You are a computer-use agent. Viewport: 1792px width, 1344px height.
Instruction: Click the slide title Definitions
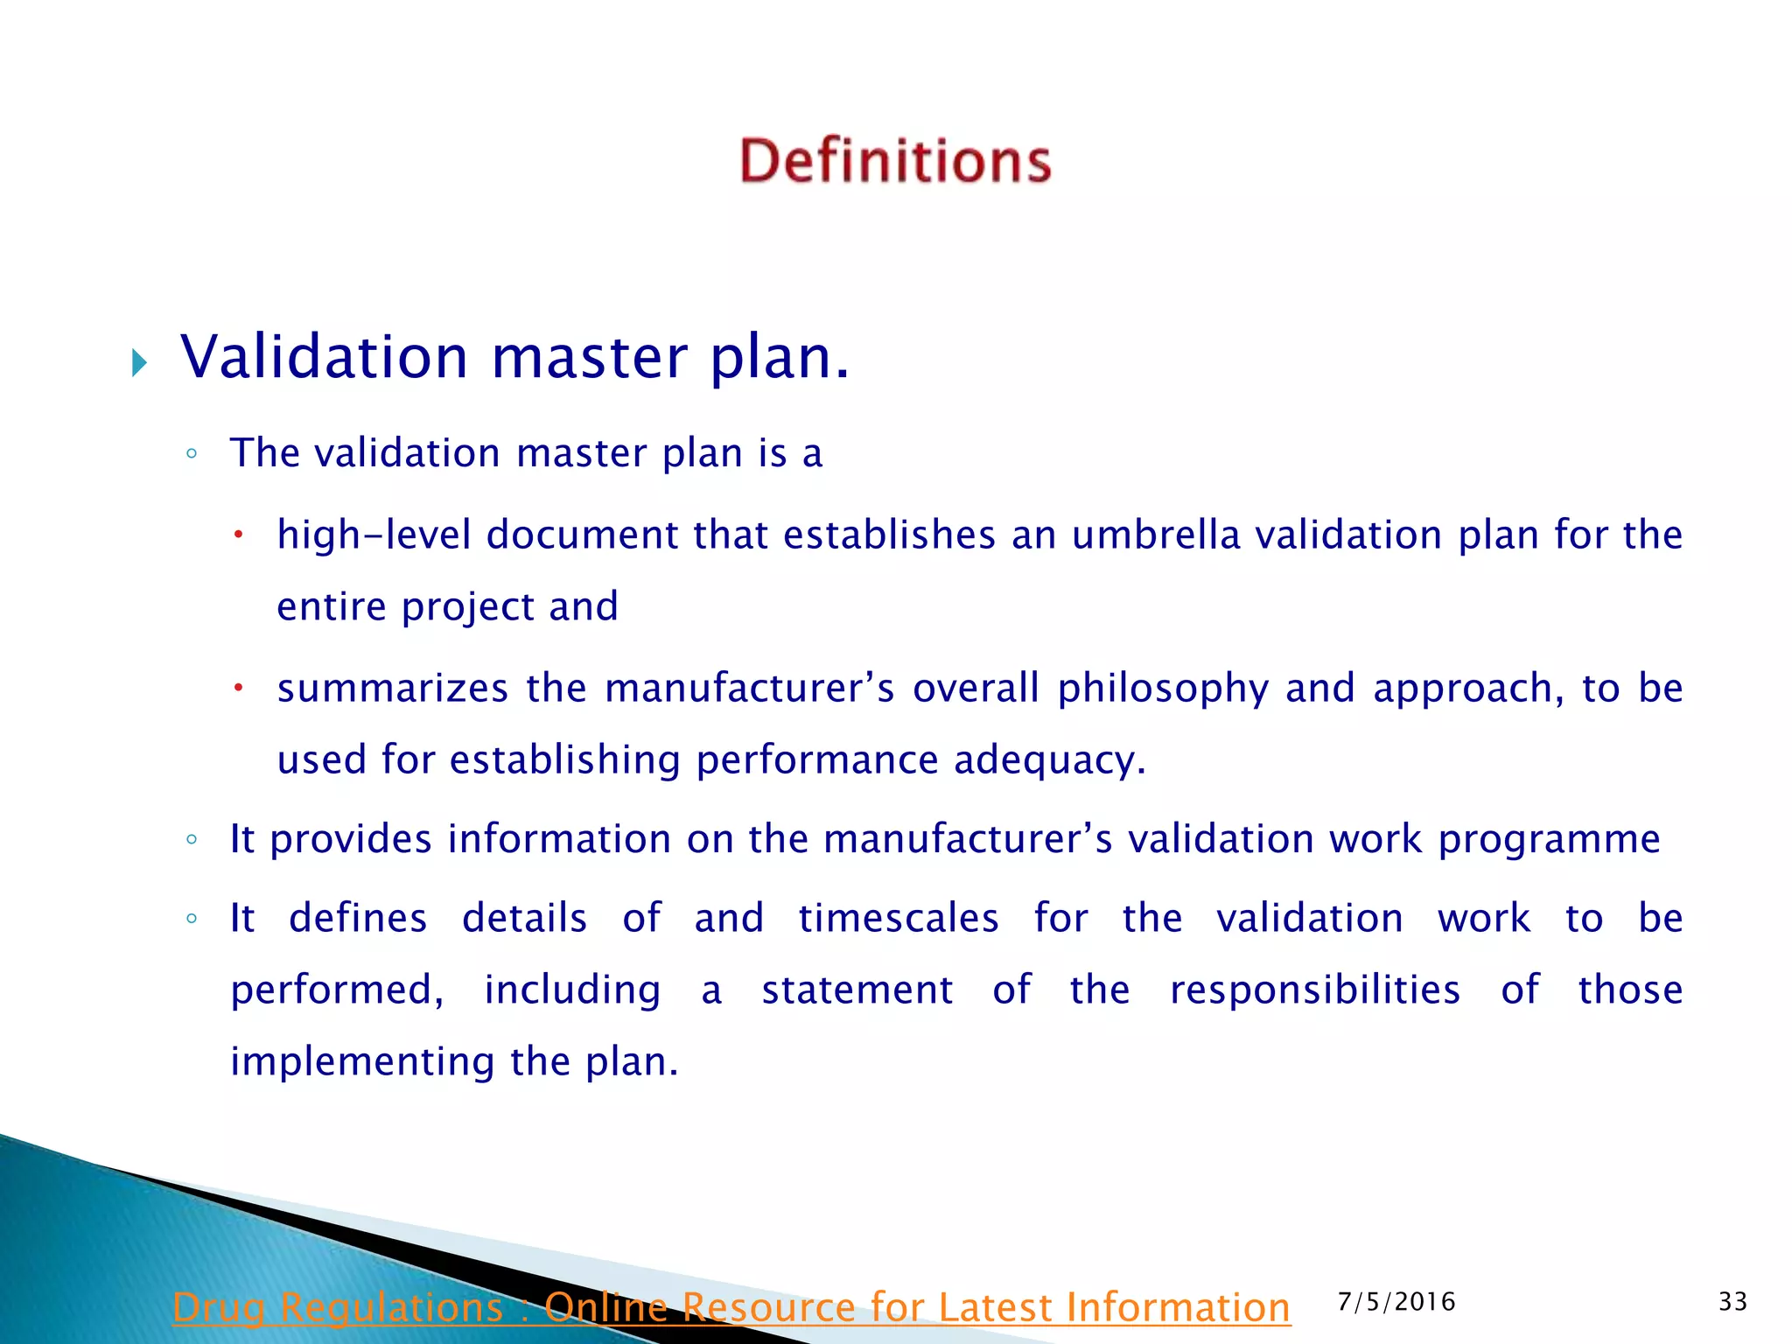[895, 161]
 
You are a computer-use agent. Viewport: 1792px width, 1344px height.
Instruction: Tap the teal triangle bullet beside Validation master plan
[139, 361]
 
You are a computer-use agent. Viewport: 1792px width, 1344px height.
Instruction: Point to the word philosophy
[1163, 689]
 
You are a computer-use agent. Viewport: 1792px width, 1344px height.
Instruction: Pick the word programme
[1549, 839]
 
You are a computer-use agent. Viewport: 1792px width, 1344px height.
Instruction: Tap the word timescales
[899, 918]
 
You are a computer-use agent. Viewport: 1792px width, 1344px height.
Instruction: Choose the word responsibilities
[1315, 990]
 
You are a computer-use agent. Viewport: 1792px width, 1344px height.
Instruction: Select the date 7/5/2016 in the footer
[1396, 1302]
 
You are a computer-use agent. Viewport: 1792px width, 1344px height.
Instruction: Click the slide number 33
[1732, 1302]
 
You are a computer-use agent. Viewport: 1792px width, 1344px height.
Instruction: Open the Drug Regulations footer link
[731, 1308]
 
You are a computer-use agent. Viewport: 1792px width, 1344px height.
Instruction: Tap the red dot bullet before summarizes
[237, 688]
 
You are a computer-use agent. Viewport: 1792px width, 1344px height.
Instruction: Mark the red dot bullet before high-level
[237, 534]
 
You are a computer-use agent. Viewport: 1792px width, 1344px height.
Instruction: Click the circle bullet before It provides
[192, 840]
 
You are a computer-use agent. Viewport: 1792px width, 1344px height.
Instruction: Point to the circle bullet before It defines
[192, 919]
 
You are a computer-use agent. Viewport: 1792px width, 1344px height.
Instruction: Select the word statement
[857, 990]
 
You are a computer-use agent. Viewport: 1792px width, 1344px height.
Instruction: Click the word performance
[816, 759]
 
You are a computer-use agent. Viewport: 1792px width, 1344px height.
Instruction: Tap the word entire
[332, 606]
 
